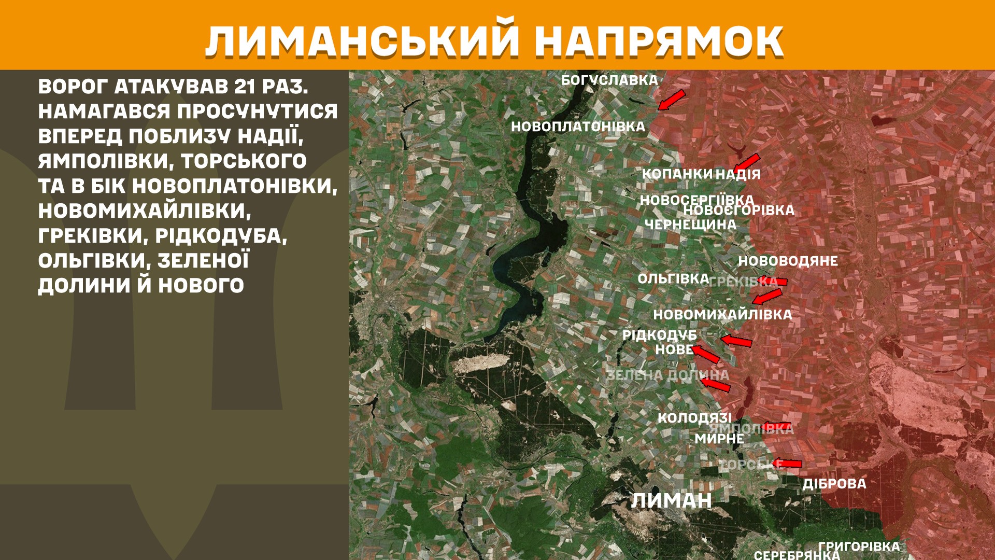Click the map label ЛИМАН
[x=671, y=500]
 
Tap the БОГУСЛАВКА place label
[x=609, y=80]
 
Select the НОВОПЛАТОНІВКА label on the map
[x=578, y=127]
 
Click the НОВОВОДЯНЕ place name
[x=788, y=261]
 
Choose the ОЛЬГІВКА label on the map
[x=673, y=279]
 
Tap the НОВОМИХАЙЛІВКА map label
[x=722, y=315]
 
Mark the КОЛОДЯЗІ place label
[x=694, y=417]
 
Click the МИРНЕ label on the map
[x=719, y=439]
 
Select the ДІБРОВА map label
[x=834, y=484]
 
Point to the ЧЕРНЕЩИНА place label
[x=690, y=225]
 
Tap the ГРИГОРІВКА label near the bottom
[x=859, y=547]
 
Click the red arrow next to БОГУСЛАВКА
[x=672, y=100]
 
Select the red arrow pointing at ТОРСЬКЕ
[x=787, y=464]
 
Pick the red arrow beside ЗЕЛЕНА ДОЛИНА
[x=715, y=384]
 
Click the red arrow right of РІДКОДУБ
[x=736, y=341]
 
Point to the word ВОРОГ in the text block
[x=72, y=87]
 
